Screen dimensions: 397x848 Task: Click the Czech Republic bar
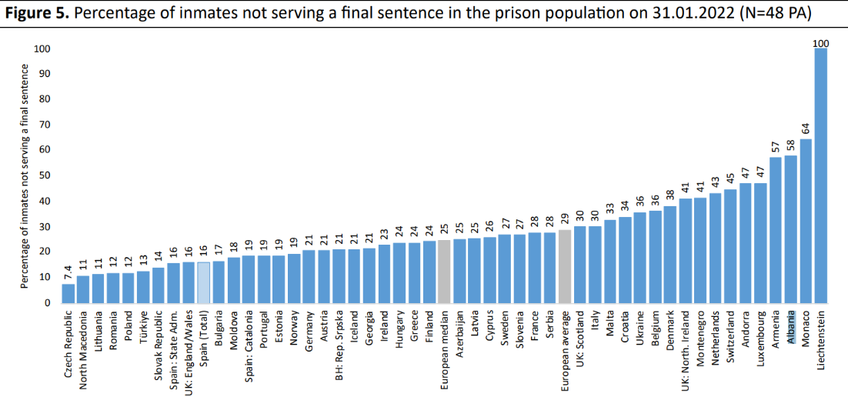[x=68, y=293]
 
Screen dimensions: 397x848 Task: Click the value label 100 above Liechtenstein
[x=820, y=42]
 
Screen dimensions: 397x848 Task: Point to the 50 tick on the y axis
[x=43, y=175]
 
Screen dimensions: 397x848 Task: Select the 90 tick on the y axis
[x=43, y=74]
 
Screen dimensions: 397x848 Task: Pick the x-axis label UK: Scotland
[x=579, y=339]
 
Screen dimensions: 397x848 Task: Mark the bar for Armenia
[x=776, y=230]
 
